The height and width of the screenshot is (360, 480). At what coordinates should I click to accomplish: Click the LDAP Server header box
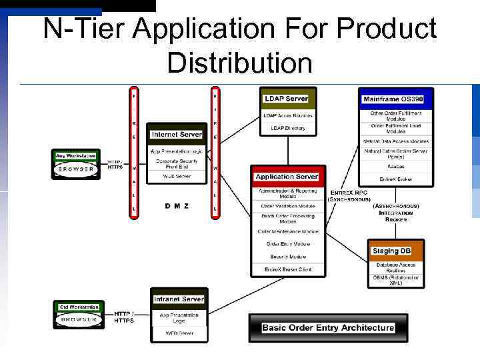[286, 99]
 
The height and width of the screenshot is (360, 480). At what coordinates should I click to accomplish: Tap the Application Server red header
[287, 177]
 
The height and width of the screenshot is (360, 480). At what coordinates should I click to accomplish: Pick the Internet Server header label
[176, 134]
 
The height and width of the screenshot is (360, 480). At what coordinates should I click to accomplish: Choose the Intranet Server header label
[179, 299]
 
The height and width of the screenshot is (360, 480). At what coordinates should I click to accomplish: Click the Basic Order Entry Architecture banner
[327, 327]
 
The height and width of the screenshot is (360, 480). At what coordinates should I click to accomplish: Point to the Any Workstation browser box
[76, 164]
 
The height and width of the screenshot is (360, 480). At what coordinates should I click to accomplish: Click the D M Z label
[177, 206]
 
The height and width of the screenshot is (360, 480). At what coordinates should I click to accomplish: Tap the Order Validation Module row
[288, 206]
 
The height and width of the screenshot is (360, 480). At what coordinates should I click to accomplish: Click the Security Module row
[288, 257]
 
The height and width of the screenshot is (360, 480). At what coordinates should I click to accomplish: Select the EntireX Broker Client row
[288, 269]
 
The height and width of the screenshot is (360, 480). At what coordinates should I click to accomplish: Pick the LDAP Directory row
[287, 128]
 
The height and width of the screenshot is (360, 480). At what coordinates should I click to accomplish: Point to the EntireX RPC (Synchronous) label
[350, 195]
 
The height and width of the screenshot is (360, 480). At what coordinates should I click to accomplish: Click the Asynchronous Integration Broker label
[395, 213]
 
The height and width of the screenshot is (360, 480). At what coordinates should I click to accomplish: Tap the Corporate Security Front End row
[177, 163]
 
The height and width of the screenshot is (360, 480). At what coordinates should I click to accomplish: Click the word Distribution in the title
[239, 63]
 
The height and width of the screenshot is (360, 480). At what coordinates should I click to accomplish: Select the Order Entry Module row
[288, 244]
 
